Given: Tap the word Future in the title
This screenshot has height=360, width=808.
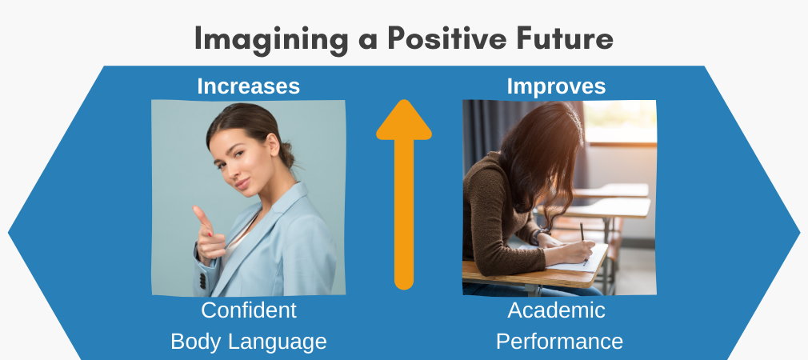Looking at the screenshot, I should pos(566,38).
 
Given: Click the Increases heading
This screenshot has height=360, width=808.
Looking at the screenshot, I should pos(248,86).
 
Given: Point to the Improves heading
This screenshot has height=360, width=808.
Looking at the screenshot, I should pos(556,86).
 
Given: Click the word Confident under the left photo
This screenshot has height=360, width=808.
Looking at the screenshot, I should pos(249,310).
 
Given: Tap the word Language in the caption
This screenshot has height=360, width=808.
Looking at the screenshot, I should pos(279,342).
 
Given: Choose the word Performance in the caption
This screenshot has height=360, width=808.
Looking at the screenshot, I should pos(559,342).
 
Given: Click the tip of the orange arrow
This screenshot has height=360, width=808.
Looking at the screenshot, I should pos(404,104).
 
